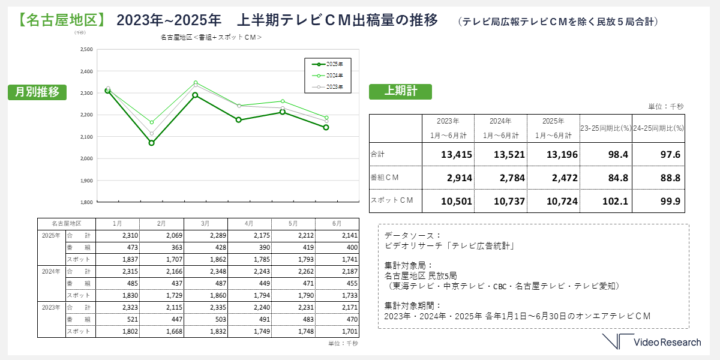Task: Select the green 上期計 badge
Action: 400,91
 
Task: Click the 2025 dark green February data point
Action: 152,143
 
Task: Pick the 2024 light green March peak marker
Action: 196,82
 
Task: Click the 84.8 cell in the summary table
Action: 606,178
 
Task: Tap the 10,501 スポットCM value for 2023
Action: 448,200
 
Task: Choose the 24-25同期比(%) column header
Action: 659,128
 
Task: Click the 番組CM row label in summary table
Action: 386,178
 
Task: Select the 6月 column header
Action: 337,223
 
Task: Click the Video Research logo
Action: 652,342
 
